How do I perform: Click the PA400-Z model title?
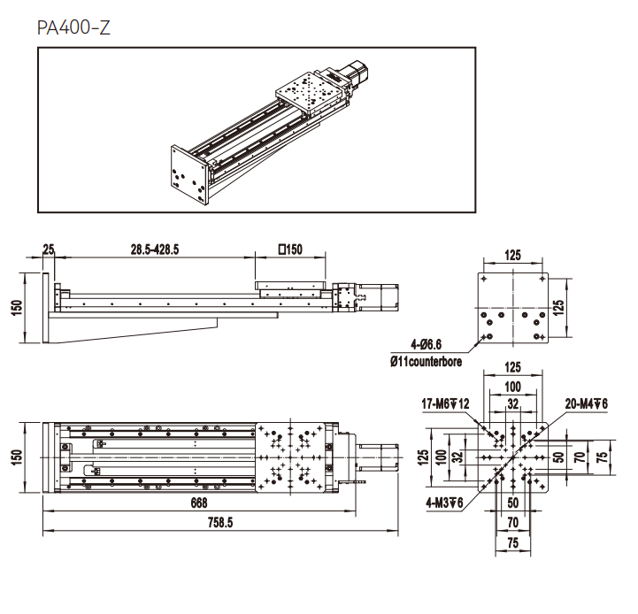tap(73, 27)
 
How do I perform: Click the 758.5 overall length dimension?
tap(220, 523)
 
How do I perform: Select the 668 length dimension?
tap(199, 503)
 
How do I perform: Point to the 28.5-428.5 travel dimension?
tap(155, 249)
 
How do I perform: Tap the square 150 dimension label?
tap(290, 249)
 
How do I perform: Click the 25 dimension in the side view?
tap(49, 249)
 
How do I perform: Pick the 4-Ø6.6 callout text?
tap(426, 345)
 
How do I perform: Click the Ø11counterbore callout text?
tap(426, 361)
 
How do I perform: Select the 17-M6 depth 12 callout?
tap(445, 403)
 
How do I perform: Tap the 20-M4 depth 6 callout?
tap(587, 403)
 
